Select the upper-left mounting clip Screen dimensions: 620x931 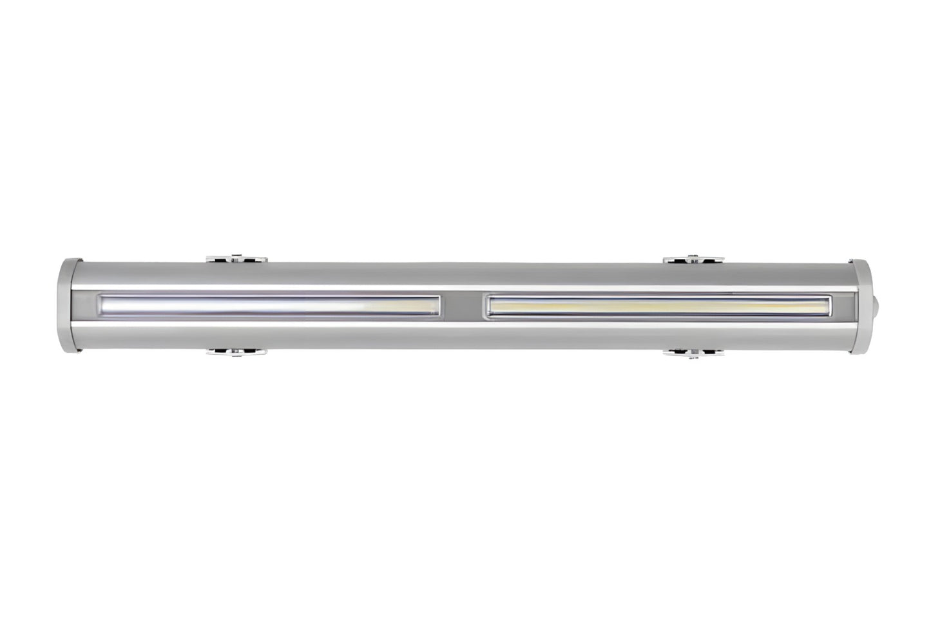pos(236,259)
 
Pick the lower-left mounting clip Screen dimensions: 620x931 pos(236,352)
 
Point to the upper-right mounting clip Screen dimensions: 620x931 pos(693,259)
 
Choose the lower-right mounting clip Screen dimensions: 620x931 pos(693,352)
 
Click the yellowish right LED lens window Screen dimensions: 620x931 pos(658,305)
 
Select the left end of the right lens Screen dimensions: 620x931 pos(490,305)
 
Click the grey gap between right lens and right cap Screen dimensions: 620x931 pos(843,305)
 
